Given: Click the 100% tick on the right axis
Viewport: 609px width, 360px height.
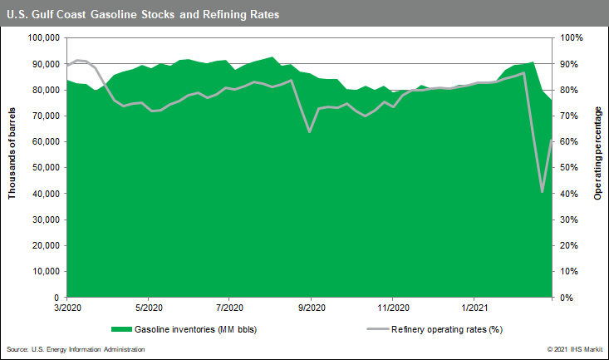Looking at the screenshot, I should click(x=572, y=37).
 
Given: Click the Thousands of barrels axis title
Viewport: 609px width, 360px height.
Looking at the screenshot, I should click(x=12, y=167).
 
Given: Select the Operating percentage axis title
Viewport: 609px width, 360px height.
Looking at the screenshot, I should click(x=597, y=167).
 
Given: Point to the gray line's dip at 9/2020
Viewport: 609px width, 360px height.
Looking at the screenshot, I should click(x=310, y=131).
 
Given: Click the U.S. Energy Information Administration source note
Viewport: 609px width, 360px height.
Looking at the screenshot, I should click(x=76, y=349).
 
